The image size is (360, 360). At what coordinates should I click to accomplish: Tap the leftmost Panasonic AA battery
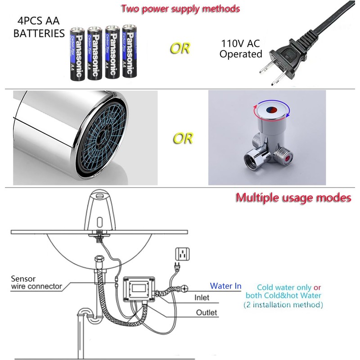(78, 54)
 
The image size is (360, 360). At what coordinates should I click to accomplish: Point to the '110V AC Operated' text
(241, 49)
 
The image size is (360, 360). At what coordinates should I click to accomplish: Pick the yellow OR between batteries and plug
(180, 48)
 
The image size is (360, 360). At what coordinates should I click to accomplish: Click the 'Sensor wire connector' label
(36, 283)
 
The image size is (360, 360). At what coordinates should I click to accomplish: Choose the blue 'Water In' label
(226, 286)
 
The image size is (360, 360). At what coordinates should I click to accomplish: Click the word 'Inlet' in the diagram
(202, 297)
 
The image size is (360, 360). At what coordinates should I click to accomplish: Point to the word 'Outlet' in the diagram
(207, 312)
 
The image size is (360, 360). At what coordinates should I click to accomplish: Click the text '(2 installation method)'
(283, 305)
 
